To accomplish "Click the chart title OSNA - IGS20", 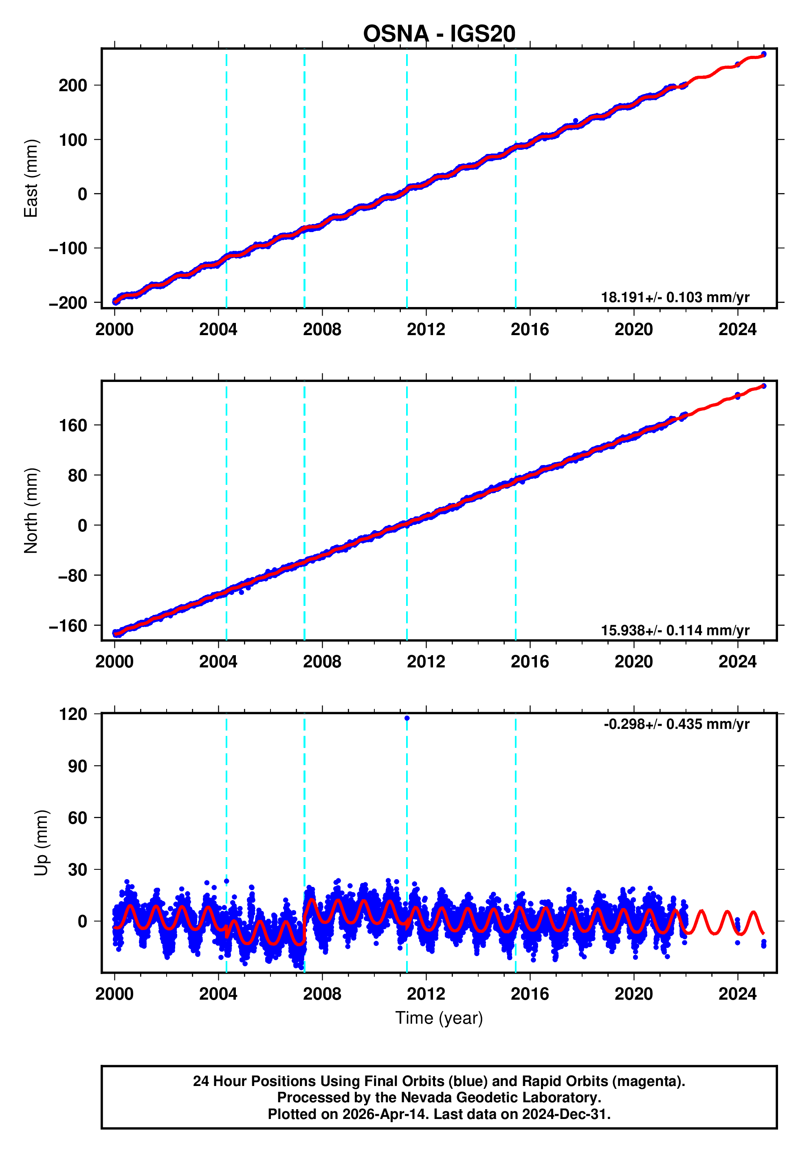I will (x=439, y=34).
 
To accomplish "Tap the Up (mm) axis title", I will (x=41, y=843).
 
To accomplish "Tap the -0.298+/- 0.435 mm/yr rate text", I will (x=676, y=724).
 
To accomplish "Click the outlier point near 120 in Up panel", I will (x=407, y=718).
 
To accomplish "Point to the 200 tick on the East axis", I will (x=73, y=86).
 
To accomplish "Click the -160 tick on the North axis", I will (x=68, y=626).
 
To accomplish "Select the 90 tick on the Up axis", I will (x=77, y=766).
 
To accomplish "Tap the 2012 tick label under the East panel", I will (x=426, y=330).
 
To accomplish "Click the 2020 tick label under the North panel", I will (x=633, y=662).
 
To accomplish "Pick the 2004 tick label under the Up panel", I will (x=218, y=994).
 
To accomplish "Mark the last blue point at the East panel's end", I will (x=764, y=54).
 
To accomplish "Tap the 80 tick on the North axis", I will (x=77, y=476).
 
